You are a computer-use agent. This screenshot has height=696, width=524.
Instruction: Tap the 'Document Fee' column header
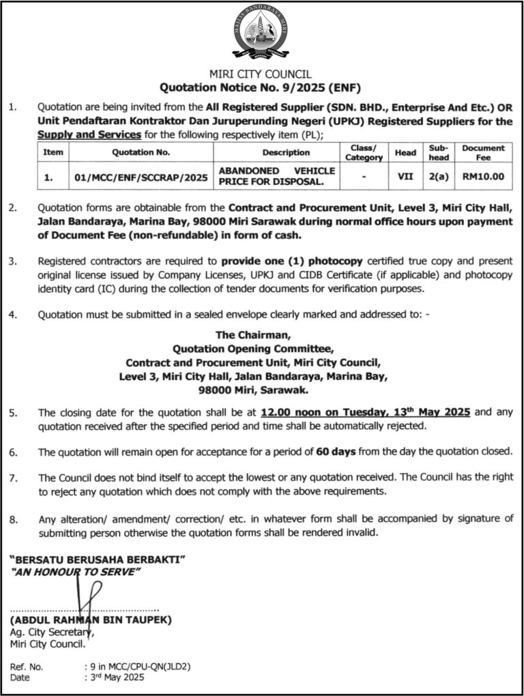483,152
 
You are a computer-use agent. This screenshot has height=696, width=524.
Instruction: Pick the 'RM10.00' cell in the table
483,177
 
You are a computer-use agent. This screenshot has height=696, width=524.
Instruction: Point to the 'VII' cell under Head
401,177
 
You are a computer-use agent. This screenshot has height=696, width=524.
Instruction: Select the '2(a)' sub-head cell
435,177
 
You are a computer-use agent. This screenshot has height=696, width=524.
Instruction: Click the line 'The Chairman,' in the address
253,335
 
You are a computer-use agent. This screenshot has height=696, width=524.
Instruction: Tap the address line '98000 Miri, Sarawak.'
252,391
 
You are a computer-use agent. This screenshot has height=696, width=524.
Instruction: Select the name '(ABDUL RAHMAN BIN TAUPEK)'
91,620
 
